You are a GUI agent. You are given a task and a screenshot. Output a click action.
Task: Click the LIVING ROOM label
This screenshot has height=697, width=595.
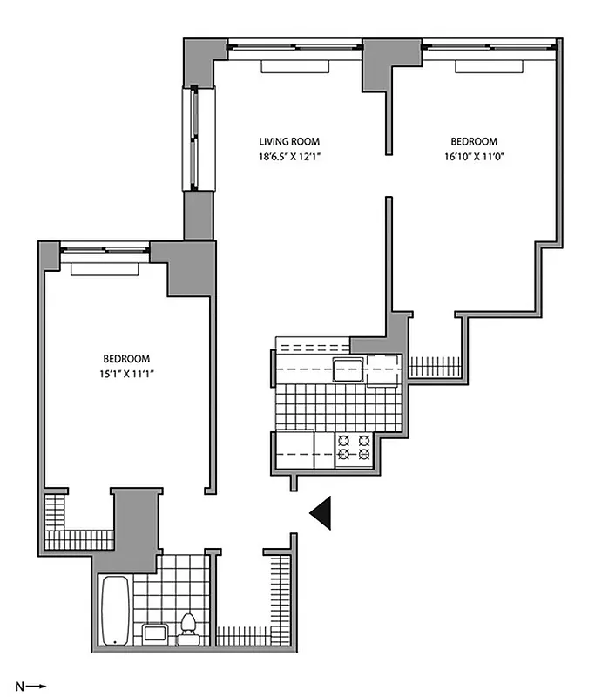coord(289,141)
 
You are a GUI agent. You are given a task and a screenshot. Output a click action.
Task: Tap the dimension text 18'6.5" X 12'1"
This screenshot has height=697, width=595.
coord(289,157)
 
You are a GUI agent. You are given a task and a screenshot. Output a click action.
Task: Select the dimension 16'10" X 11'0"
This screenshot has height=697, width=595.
coord(474,157)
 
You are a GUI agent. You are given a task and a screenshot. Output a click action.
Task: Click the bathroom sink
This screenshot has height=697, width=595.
coord(156,634)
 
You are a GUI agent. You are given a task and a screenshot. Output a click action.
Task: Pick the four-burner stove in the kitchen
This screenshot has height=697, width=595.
coord(355,448)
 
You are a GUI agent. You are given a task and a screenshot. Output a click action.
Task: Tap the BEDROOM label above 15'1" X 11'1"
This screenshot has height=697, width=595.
coord(127,358)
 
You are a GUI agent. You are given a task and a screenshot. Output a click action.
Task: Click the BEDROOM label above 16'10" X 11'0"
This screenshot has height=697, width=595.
coord(474,141)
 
